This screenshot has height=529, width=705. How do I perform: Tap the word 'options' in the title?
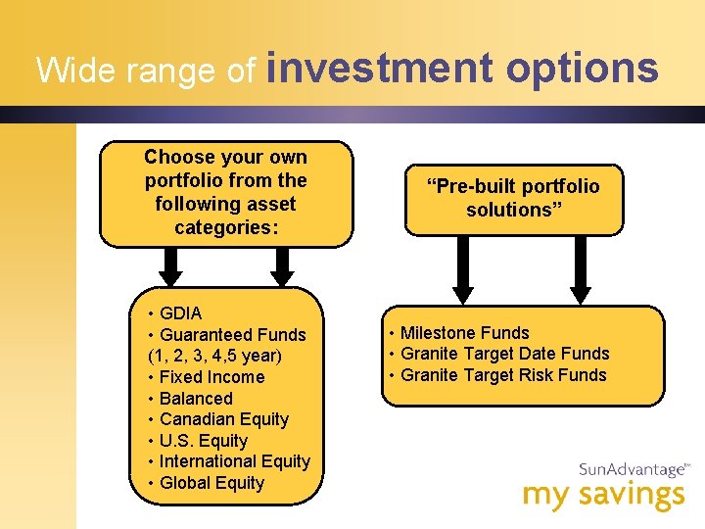(582, 69)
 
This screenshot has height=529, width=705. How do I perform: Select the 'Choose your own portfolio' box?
(225, 193)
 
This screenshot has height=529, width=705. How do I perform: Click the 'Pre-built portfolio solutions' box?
(513, 199)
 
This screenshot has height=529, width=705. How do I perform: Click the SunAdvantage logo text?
(632, 470)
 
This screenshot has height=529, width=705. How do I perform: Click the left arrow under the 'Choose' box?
(170, 264)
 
